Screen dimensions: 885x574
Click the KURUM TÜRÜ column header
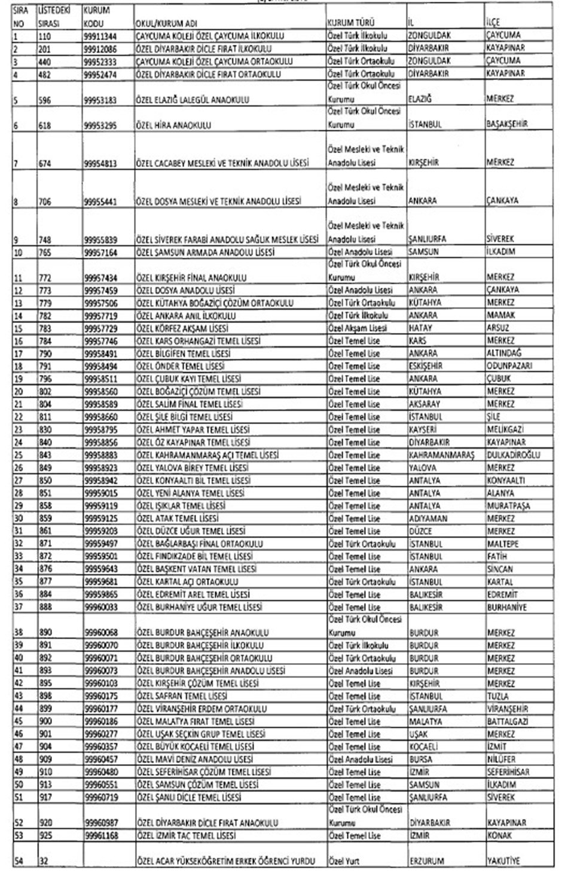click(x=347, y=23)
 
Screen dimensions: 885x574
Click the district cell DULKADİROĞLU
click(x=513, y=455)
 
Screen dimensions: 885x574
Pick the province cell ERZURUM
click(x=426, y=861)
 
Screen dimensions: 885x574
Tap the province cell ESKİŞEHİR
click(x=428, y=366)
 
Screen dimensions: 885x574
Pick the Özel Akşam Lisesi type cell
click(x=357, y=328)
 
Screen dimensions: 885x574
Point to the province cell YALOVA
click(x=423, y=468)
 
